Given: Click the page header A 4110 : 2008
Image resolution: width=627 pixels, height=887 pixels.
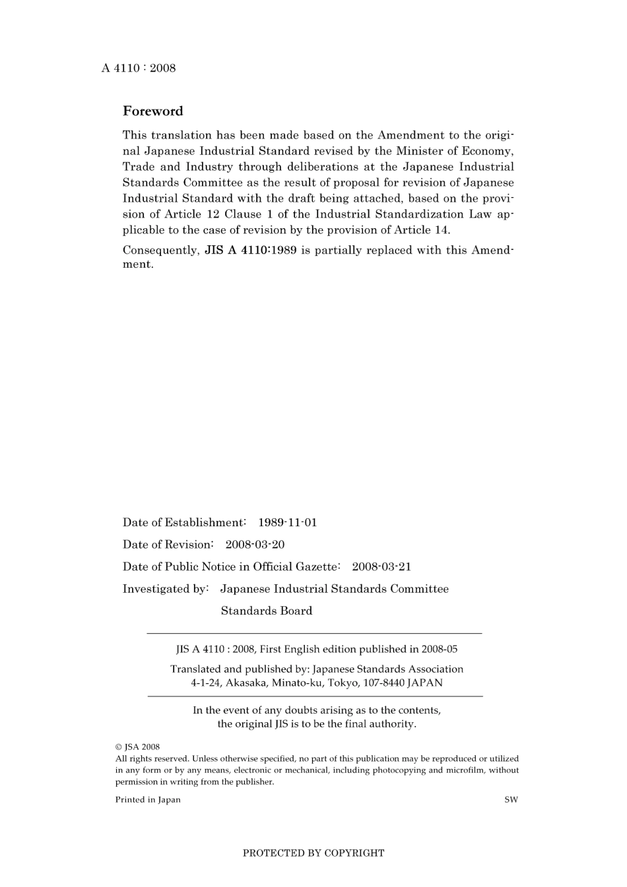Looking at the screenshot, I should coord(139,68).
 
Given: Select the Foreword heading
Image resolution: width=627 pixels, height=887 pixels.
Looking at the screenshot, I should coord(152,111).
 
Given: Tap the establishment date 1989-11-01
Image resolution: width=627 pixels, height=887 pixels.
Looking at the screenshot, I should coord(287,522).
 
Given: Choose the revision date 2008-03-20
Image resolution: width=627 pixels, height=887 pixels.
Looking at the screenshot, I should coord(255,545).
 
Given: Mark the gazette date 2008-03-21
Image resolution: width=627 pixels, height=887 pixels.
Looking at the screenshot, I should coord(381,566).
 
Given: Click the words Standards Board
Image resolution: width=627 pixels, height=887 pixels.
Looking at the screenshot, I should coord(266,611).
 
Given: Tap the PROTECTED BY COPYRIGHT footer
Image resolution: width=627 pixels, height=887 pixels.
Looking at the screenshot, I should coord(313,853).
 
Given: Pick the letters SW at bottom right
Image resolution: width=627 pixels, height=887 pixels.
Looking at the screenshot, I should coord(511,800).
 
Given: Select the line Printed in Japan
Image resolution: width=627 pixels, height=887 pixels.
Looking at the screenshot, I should coord(148,800).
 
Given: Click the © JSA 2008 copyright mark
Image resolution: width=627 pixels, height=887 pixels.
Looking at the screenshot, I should coord(137,747).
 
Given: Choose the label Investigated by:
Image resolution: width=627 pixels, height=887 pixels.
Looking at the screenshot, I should coord(166,589).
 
